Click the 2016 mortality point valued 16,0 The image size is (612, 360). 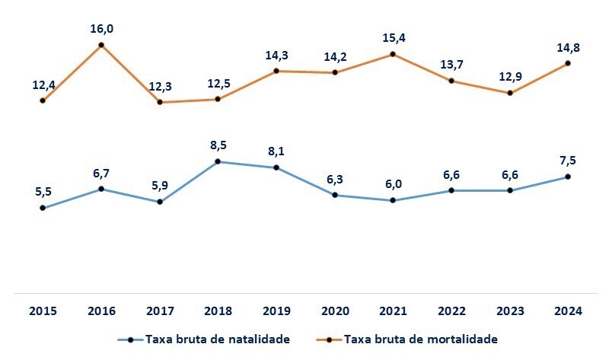101,45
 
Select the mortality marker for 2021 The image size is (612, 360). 393,54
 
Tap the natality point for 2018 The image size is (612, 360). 218,161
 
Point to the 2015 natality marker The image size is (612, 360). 43,208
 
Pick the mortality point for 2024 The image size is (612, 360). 568,63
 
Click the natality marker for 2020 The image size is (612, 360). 334,195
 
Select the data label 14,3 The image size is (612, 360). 276,56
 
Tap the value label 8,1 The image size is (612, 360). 276,151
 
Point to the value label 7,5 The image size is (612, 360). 568,161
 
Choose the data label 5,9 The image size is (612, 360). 160,186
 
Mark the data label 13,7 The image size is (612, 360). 451,65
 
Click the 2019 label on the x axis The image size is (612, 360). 276,311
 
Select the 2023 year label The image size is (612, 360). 509,311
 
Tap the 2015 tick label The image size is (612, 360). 43,311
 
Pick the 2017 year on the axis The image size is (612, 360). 160,311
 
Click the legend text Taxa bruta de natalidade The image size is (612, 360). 218,339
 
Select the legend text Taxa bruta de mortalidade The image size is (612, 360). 421,339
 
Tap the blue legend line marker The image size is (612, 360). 130,339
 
